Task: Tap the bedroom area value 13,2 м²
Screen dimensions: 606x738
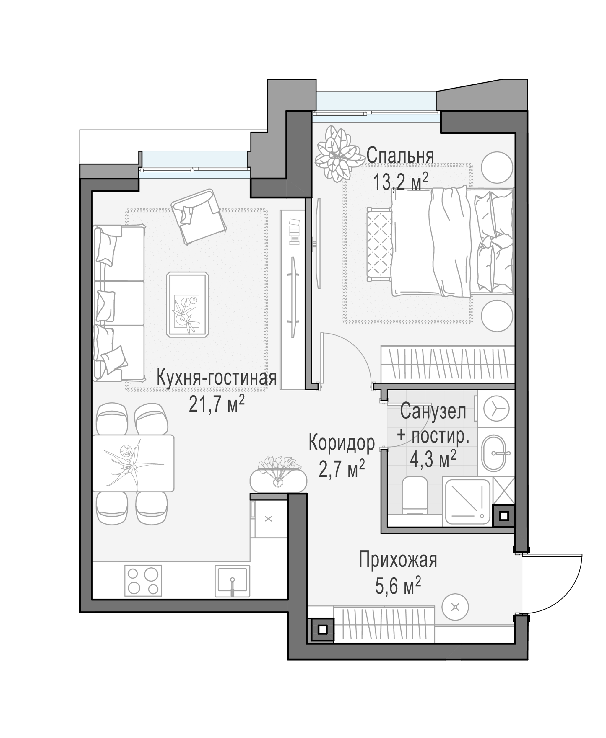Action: point(401,181)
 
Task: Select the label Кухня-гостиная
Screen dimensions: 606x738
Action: point(216,378)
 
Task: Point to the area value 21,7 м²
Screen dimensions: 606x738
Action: point(216,404)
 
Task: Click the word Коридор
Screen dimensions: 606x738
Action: point(341,443)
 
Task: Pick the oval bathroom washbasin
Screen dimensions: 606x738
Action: point(494,453)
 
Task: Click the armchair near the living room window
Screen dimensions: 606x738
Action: point(199,217)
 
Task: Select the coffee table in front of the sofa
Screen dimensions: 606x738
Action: point(187,304)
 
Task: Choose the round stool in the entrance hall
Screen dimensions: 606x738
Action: point(455,607)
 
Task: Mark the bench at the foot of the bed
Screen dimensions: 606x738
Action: point(379,244)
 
